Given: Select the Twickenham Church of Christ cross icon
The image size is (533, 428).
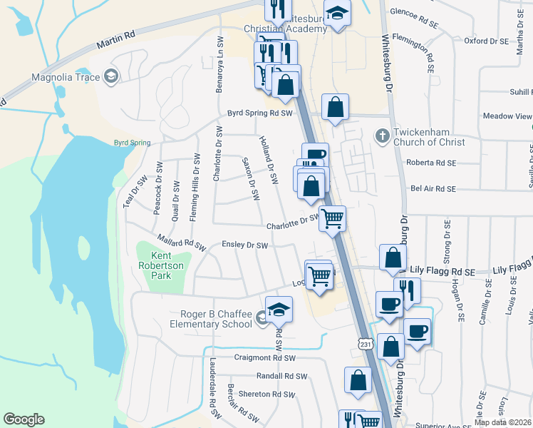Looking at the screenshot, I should tap(382, 134).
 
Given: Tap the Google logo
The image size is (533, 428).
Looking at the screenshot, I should tap(24, 419).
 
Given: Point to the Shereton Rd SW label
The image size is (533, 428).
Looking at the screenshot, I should tap(267, 394).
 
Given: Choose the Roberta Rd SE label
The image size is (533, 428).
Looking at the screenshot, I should tap(430, 163).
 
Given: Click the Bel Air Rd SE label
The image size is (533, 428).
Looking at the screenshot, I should tap(433, 189).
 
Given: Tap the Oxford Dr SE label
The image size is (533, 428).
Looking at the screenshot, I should tap(487, 41).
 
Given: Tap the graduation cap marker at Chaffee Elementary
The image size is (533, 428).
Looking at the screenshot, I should tap(279, 309).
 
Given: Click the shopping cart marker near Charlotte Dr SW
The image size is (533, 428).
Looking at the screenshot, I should tap(332, 218).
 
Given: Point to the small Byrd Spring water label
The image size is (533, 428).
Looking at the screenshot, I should tap(132, 143).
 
